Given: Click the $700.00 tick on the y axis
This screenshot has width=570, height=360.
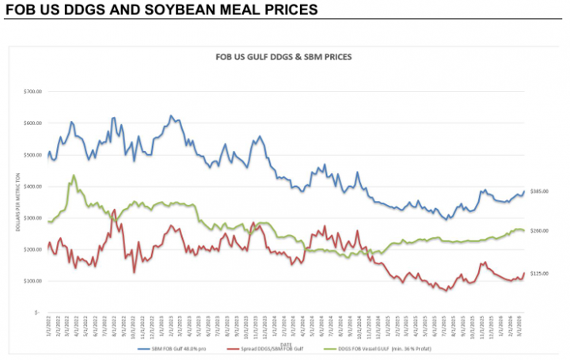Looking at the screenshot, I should point(32,92).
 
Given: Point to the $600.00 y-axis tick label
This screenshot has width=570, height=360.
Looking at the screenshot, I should point(32,123).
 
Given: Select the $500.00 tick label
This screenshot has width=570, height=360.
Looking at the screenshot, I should point(32,155).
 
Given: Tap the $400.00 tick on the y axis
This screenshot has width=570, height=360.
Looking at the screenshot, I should point(32,187).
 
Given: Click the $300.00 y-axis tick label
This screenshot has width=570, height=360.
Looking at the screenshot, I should point(32,218).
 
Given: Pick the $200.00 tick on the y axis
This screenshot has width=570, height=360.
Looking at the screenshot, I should point(32,249).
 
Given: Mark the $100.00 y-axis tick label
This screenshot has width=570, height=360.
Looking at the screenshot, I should point(32,281).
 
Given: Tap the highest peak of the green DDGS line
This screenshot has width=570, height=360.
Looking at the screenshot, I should point(74,176).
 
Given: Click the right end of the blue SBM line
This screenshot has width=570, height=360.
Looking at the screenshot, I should point(523,191).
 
